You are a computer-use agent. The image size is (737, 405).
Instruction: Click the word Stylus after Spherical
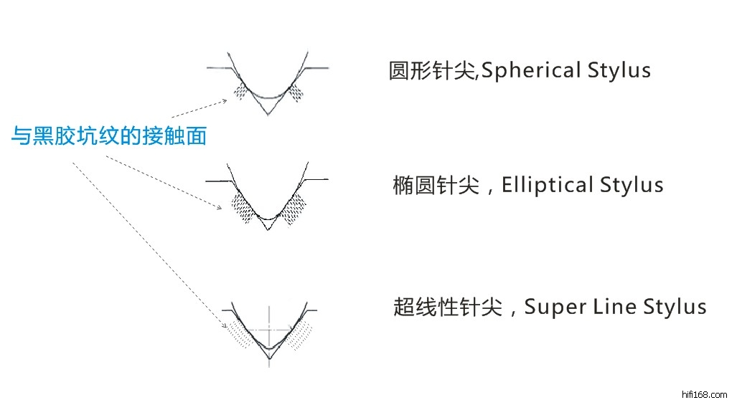(x=619, y=71)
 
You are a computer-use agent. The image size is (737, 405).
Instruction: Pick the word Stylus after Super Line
(x=675, y=308)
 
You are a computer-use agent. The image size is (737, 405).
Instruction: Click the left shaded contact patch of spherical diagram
(x=242, y=92)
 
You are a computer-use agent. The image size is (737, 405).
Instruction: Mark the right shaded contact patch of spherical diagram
(x=296, y=92)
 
